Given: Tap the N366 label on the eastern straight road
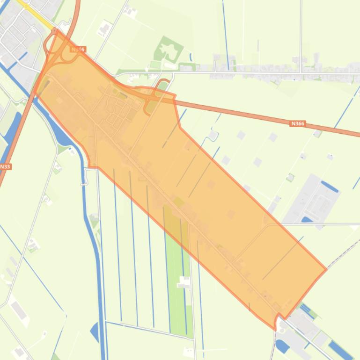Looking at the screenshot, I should click(298, 123).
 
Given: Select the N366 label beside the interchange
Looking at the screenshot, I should click(78, 49).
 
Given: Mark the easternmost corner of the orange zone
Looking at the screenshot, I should click(326, 270).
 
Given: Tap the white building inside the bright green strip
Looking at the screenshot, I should click(184, 281).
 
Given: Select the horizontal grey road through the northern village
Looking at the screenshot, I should click(262, 73).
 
